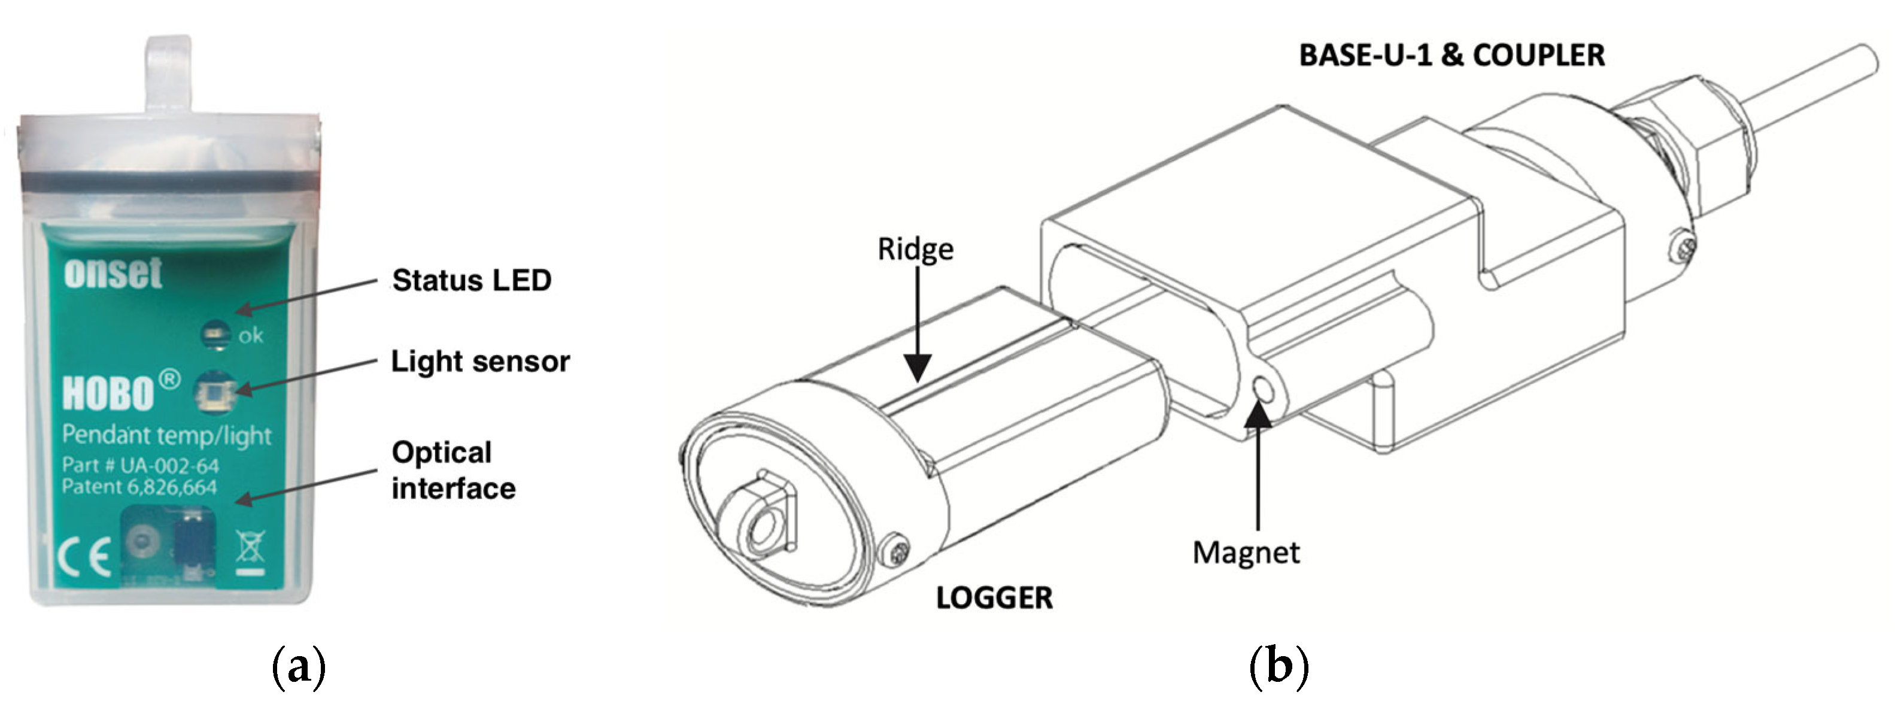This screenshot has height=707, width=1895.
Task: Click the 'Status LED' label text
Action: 472,280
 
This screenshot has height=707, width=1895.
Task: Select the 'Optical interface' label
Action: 453,470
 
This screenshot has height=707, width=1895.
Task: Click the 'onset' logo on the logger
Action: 113,273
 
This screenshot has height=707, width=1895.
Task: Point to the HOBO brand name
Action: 109,393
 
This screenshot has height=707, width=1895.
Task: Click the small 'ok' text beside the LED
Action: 251,336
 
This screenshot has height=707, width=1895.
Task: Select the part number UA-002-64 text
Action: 141,466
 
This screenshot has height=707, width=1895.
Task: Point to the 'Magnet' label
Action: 1246,553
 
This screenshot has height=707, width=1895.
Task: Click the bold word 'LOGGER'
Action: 994,598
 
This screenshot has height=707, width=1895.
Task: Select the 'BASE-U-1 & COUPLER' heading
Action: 1451,56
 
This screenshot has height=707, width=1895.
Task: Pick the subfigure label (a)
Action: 299,666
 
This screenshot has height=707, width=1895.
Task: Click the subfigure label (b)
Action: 1279,666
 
